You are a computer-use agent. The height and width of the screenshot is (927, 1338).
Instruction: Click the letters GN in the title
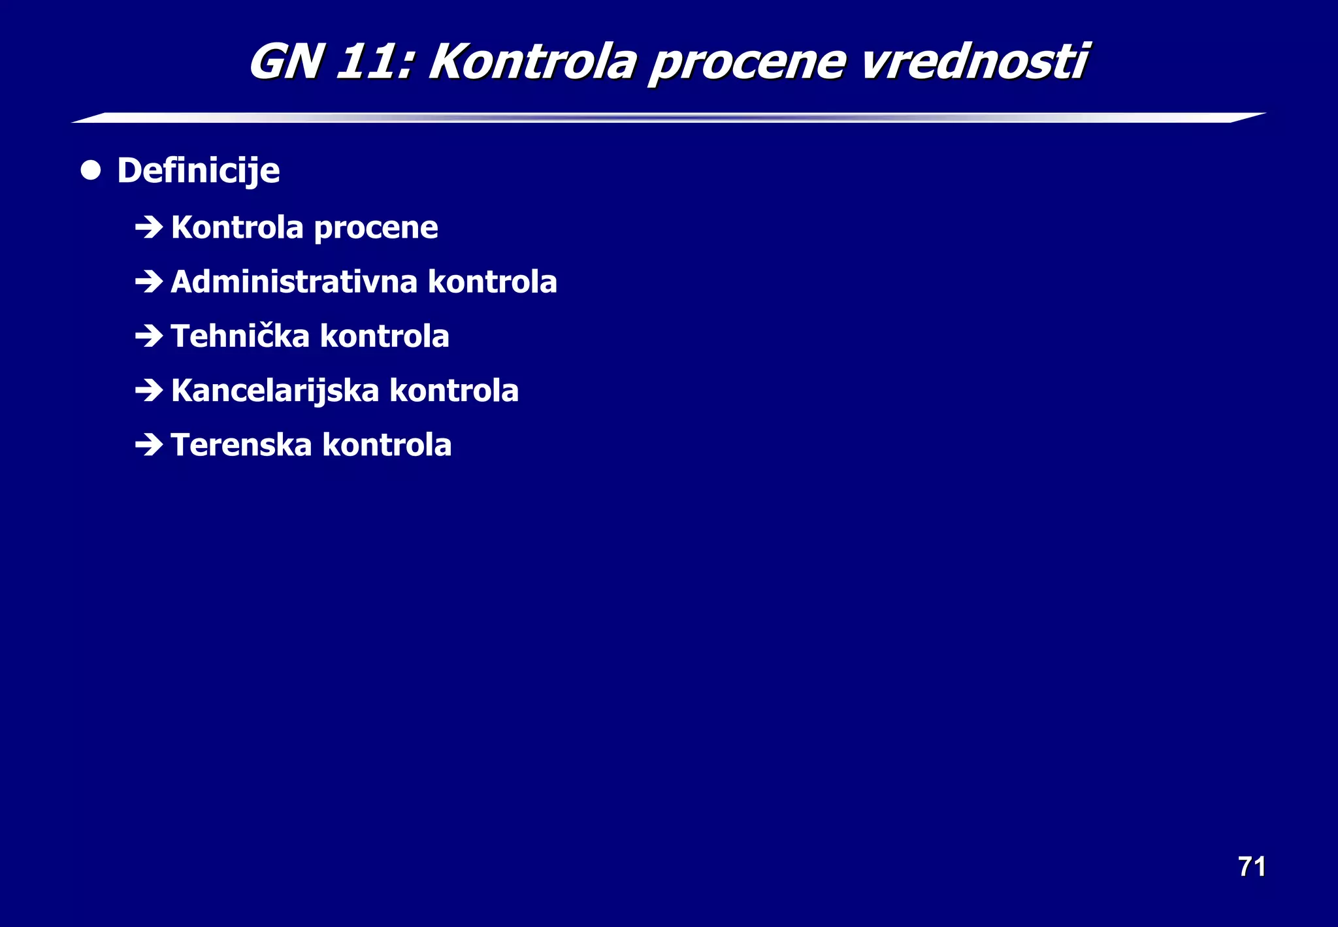click(x=286, y=62)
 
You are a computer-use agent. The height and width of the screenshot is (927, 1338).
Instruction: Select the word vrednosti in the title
click(x=973, y=62)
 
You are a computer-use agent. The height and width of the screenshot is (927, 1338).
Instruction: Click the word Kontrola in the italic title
click(x=532, y=62)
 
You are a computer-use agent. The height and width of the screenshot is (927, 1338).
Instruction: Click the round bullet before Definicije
click(x=91, y=171)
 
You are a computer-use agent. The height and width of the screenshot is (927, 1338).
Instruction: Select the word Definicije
click(x=199, y=171)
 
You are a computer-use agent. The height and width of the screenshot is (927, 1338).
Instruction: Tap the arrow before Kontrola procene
click(x=149, y=227)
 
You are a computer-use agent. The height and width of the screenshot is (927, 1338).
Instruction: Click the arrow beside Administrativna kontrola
click(x=149, y=282)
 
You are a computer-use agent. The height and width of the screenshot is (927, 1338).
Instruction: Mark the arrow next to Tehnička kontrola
click(x=149, y=336)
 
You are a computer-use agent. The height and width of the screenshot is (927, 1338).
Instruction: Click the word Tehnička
click(x=240, y=336)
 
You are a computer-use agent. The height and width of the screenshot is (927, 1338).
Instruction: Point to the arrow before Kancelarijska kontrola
click(x=149, y=391)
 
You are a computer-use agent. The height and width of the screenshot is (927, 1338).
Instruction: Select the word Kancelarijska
click(x=275, y=391)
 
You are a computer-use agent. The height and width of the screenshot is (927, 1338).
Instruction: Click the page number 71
click(x=1252, y=867)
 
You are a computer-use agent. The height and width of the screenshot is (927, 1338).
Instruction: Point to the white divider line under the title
click(x=669, y=118)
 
